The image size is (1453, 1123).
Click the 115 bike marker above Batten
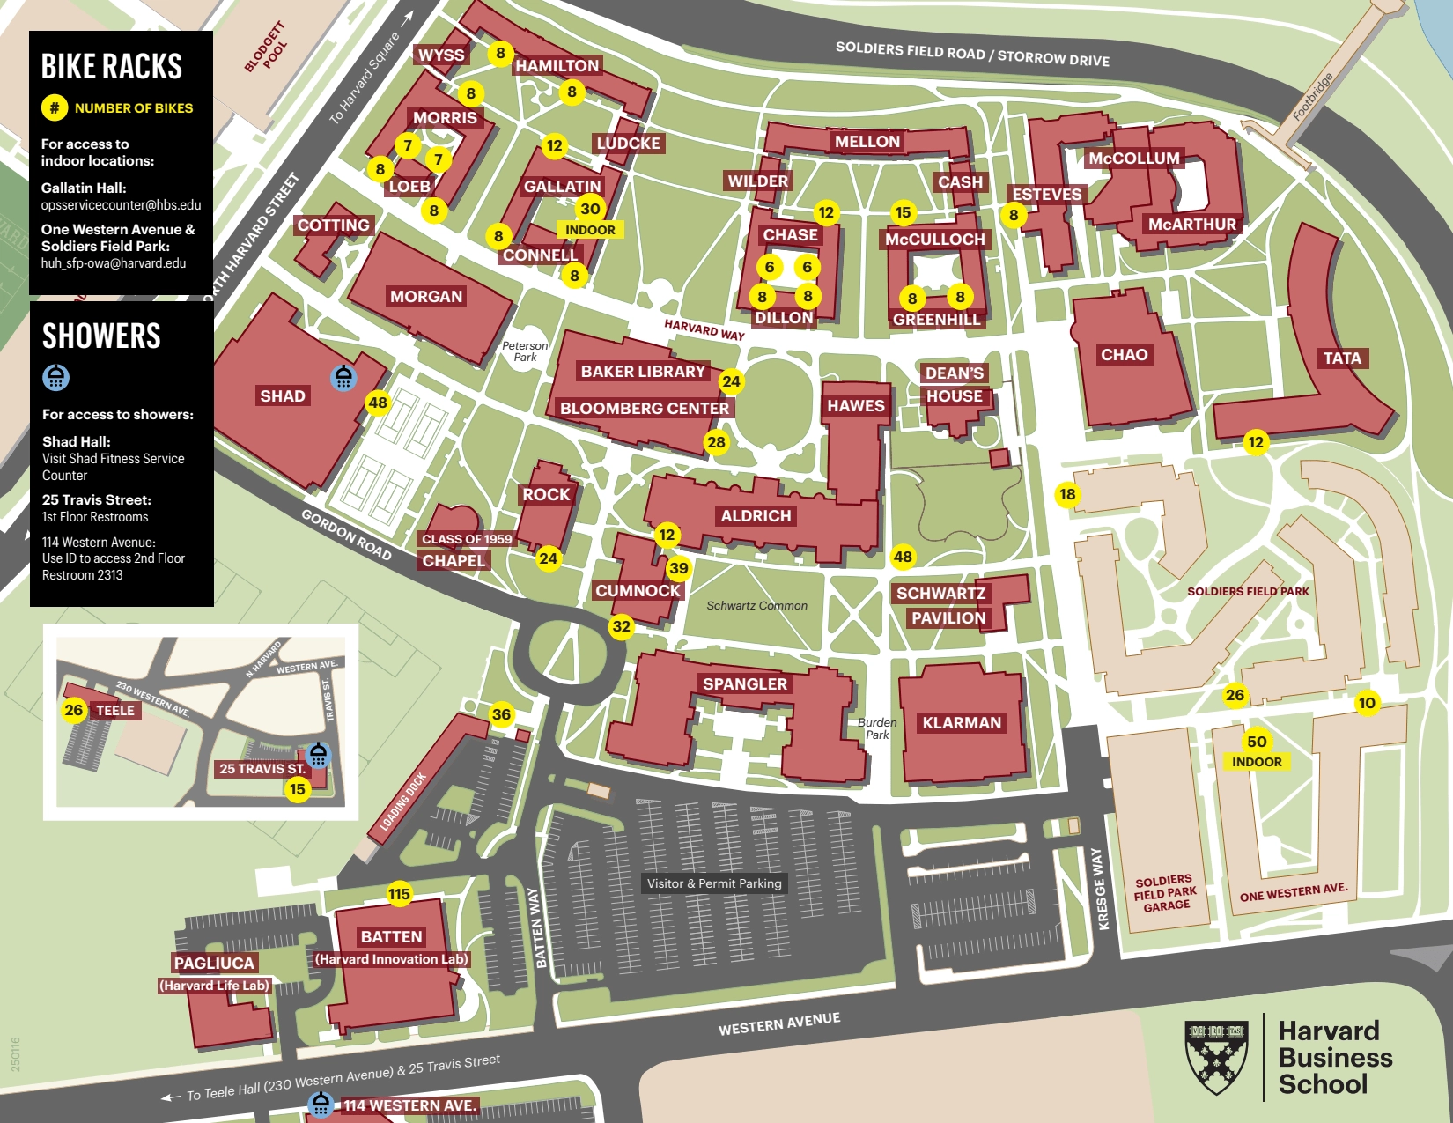[x=399, y=894]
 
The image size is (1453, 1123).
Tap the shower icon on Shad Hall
[x=343, y=378]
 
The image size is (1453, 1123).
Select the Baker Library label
[x=643, y=371]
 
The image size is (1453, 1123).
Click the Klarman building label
[x=962, y=723]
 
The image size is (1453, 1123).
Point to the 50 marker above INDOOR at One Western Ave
[x=1257, y=742]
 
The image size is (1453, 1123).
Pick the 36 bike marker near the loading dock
[x=501, y=714]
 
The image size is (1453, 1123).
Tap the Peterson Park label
[x=525, y=351]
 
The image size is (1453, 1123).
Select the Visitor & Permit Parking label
[x=714, y=883]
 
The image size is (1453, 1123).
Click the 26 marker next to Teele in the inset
[x=74, y=710]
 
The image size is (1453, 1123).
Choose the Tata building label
[x=1341, y=358]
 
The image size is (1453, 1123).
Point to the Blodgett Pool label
[x=266, y=47]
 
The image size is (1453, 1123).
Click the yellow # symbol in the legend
[x=55, y=107]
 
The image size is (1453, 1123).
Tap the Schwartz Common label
[x=756, y=606]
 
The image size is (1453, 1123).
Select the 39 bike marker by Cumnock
[x=679, y=568]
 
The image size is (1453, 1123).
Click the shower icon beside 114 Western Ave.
[x=321, y=1105]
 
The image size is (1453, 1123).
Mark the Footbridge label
[x=1312, y=97]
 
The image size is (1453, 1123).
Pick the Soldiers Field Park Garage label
[x=1165, y=892]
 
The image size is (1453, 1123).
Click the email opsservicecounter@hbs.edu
[x=121, y=205]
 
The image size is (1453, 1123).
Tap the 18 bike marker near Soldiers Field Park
[x=1067, y=494]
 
